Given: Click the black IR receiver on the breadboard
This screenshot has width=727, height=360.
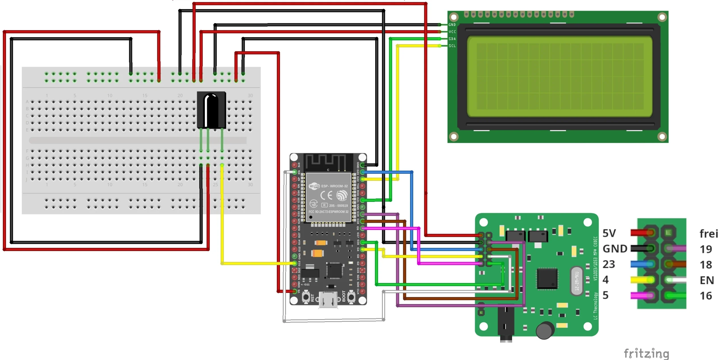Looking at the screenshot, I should tap(211, 110).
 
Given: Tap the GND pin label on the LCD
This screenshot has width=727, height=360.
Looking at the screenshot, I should tap(452, 25).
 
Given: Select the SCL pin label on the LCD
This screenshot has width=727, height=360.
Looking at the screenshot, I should tap(452, 46).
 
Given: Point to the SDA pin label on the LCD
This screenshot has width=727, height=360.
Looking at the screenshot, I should tap(452, 39).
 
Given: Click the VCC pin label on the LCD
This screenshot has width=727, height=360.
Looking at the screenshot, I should tap(452, 32).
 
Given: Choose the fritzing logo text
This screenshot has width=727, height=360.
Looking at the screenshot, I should tap(646, 353).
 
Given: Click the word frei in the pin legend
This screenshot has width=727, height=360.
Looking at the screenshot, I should tap(709, 234).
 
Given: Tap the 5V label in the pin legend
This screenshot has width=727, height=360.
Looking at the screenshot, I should tap(609, 233).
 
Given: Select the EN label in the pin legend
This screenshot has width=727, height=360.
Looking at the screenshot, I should tap(707, 281).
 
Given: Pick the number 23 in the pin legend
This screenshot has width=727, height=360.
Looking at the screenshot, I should tap(609, 264).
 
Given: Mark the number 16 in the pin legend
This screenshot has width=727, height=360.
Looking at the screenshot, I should tap(706, 296).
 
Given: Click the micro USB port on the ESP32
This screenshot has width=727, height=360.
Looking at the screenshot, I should tap(328, 300).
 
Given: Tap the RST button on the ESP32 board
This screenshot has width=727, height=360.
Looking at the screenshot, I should tap(306, 297).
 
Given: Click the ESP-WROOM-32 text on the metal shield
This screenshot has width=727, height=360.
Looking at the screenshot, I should tap(334, 186).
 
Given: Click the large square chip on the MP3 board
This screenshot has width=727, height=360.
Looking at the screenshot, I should tap(547, 279).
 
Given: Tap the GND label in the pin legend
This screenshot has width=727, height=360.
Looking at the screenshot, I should tap(615, 249).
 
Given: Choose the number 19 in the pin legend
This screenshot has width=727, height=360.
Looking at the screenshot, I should tap(706, 249).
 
